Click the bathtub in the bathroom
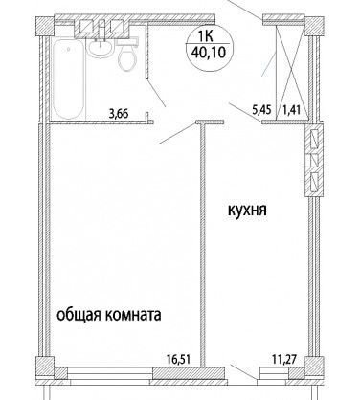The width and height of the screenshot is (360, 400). point(69,79)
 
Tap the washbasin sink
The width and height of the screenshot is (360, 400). point(100,49)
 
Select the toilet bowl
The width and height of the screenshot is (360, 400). point(127,55)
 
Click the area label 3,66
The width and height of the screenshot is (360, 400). point(119,114)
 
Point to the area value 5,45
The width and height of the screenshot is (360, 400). point(261,110)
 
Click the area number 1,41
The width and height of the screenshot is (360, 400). point(292,110)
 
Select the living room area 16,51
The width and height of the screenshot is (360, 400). point(178,360)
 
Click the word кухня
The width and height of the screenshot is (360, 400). point(247,211)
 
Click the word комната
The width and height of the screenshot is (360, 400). point(133,316)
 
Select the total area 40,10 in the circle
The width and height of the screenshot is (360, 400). point(208,52)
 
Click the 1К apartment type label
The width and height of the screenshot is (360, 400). point(207,36)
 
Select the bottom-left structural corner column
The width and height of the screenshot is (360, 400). point(45,366)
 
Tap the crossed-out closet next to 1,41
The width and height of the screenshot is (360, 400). point(292,74)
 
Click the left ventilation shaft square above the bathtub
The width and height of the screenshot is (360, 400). point(86,27)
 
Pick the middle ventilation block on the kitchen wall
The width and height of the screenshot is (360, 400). point(313,160)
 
